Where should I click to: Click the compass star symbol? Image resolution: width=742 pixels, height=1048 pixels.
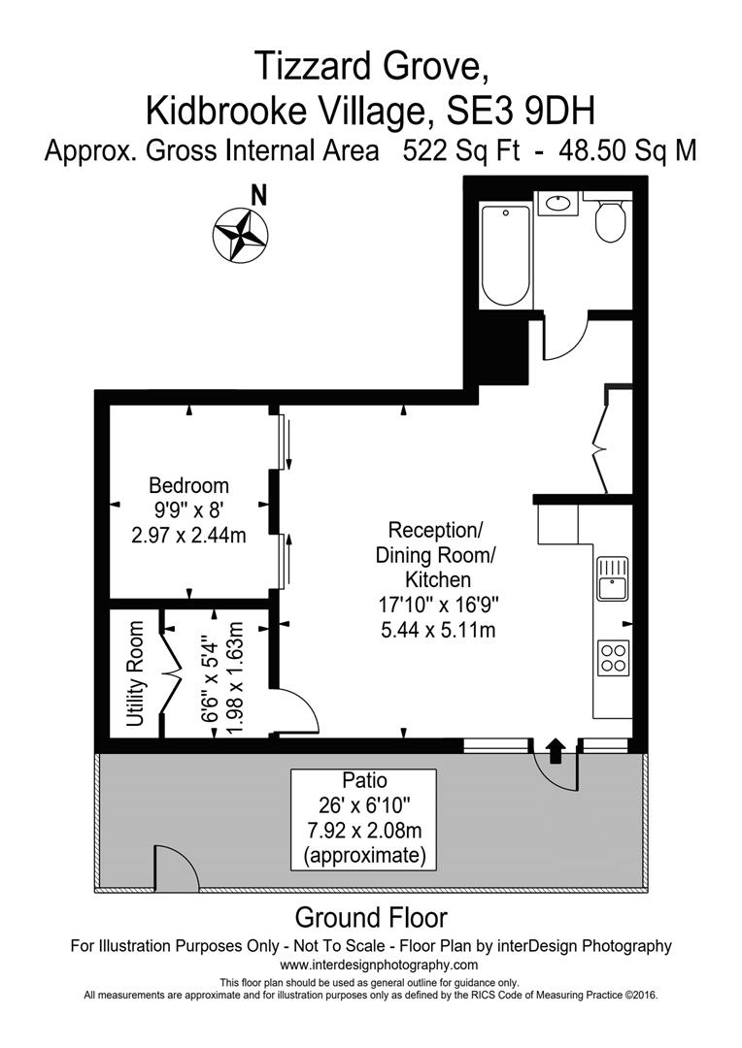coord(239,234)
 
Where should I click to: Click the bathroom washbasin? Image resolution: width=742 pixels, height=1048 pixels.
coord(557,205)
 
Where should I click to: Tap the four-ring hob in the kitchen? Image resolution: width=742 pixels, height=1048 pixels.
coord(613,658)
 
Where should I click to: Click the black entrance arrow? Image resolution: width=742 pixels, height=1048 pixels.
coord(556,749)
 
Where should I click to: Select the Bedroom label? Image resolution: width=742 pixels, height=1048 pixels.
coord(188,485)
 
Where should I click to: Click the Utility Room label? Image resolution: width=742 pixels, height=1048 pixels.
coord(135,674)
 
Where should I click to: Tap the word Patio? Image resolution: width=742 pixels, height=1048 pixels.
coord(364,780)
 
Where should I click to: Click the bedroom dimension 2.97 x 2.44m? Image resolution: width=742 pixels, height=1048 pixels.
coord(188,534)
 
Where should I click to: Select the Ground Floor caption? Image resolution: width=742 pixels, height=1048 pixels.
coord(370,917)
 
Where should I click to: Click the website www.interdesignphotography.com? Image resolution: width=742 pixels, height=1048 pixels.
coord(379,965)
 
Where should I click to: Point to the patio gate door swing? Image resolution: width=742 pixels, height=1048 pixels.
coord(175,868)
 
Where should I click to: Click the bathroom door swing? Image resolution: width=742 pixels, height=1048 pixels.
coord(563,340)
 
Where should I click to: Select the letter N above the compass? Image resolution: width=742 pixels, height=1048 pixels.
coord(258,195)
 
